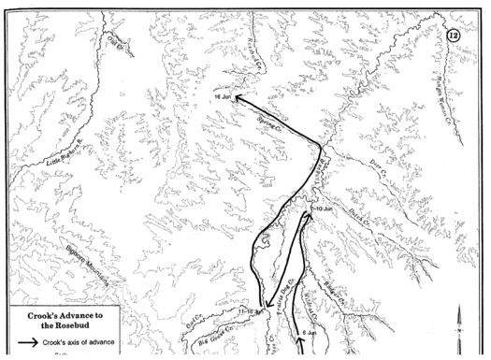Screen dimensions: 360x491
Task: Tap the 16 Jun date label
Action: click(x=222, y=97)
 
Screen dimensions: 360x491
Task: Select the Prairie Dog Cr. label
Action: click(x=284, y=290)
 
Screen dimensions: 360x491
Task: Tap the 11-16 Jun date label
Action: click(x=253, y=310)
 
